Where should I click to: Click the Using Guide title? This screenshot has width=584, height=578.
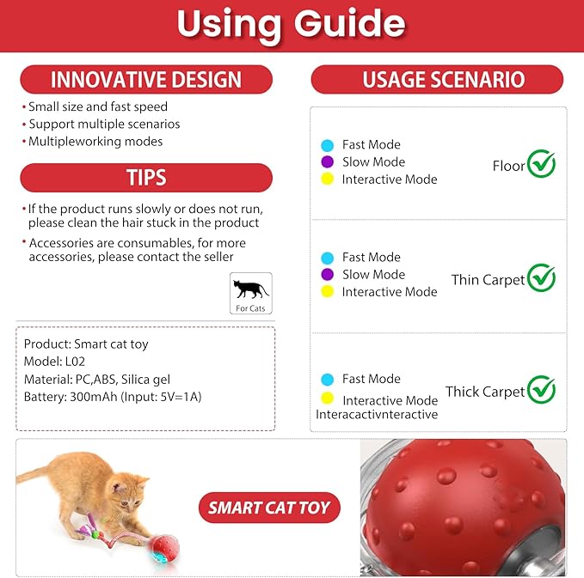point(292,24)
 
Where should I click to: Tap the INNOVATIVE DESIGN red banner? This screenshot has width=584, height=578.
point(146,80)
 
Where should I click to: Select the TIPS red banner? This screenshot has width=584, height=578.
point(146,178)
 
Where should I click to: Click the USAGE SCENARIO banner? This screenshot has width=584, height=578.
point(437,80)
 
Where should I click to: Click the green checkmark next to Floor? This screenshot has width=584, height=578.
point(541,163)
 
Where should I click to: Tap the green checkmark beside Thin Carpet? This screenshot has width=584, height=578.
point(541,277)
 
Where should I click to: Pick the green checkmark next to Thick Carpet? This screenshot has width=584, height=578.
point(541,390)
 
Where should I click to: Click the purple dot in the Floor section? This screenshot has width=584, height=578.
point(327,161)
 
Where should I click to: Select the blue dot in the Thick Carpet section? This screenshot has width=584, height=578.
point(327,379)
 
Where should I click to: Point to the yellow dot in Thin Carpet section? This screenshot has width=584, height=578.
point(327,292)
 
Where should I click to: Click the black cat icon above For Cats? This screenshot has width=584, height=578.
point(251,289)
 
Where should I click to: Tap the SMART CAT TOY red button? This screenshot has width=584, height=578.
point(269,508)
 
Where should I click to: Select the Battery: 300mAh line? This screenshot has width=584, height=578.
point(113,397)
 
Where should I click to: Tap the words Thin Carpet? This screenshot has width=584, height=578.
point(488,280)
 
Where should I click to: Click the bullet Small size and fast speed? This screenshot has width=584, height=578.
point(97,107)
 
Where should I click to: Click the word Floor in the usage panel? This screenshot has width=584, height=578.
point(508,166)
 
